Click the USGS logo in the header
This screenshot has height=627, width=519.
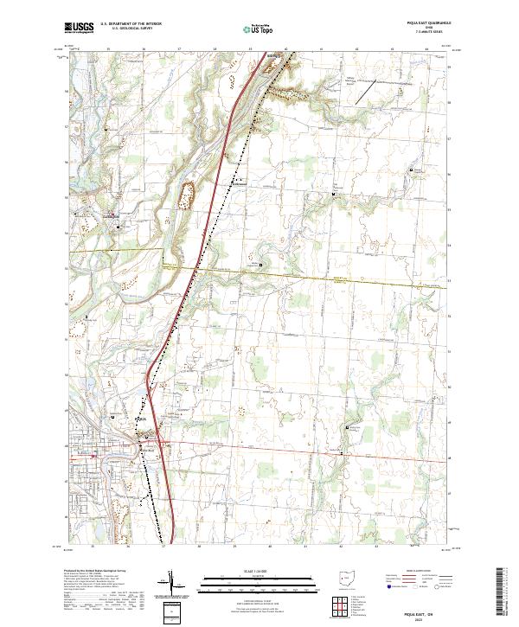(80, 28)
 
